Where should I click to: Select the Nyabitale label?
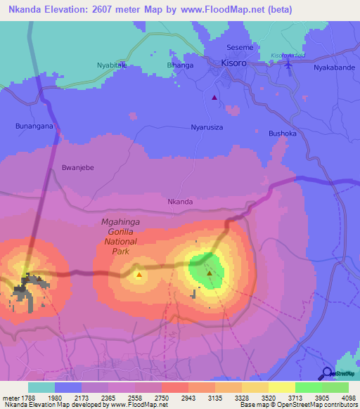point(111,65)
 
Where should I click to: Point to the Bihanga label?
point(180,65)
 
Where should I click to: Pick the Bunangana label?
point(34,126)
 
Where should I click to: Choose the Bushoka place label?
point(283,133)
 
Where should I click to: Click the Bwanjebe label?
point(78,168)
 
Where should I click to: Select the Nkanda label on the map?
point(180,202)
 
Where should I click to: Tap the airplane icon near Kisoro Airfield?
point(290,65)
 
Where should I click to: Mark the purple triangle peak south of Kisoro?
point(214,98)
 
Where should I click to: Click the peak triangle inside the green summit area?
point(210,273)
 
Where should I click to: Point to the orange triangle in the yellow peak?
point(139,275)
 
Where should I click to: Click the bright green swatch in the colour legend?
point(308,387)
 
